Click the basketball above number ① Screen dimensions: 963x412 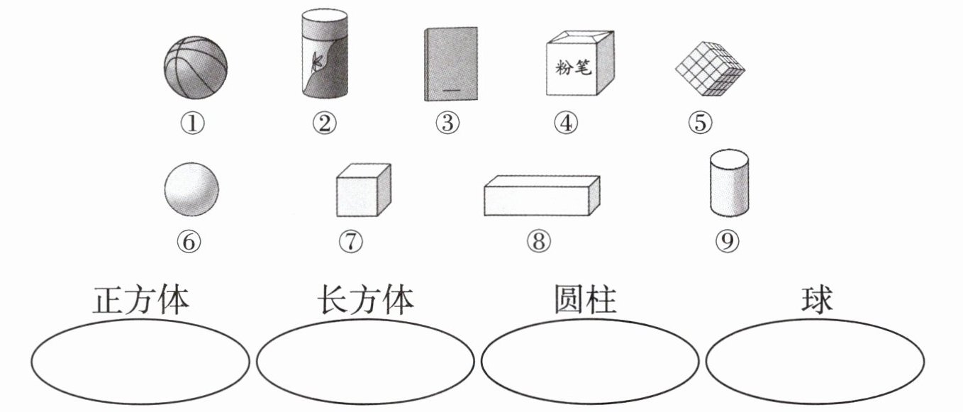196,68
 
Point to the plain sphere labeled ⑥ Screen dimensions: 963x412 191,189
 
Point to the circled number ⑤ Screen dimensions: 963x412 700,123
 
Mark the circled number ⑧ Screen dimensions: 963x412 538,242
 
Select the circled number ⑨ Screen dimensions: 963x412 728,242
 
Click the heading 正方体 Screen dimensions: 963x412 141,301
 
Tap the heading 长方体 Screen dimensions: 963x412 364,301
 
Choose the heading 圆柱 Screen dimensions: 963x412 586,301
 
